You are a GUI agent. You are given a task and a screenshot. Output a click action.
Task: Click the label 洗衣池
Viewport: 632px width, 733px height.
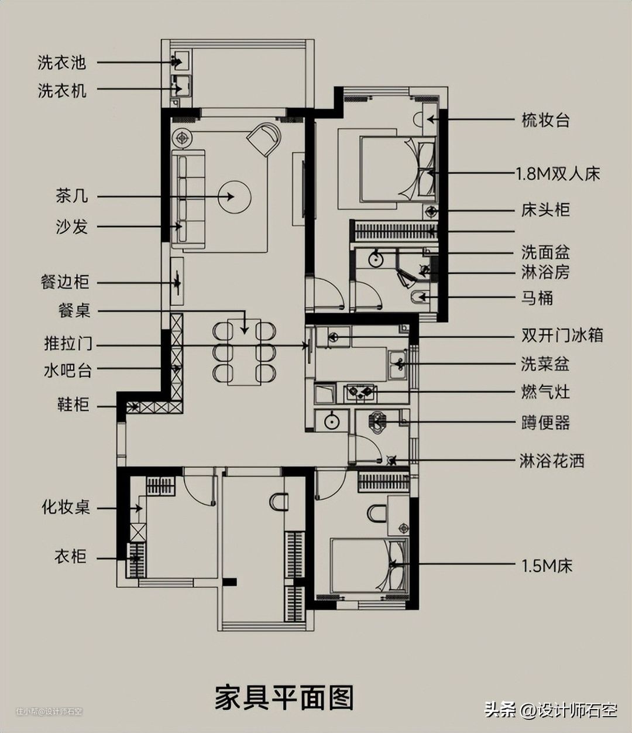[61, 62]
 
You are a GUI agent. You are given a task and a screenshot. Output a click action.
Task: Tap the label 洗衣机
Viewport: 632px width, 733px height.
[61, 90]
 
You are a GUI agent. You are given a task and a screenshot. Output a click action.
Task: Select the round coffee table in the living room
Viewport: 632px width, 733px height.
[234, 197]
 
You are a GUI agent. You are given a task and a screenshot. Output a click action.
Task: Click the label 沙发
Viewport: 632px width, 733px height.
[71, 227]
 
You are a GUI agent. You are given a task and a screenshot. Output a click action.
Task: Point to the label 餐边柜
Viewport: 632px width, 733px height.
[65, 282]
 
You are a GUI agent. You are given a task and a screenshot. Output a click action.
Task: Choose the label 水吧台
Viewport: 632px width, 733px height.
[67, 370]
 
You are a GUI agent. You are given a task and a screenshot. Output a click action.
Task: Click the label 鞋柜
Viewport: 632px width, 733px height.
[73, 405]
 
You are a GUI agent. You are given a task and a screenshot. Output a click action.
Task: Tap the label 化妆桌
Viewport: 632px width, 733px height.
[66, 506]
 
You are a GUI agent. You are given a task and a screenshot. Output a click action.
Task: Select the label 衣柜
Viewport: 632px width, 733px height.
[70, 556]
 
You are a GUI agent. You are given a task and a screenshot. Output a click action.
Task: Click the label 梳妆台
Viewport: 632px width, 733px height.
[545, 121]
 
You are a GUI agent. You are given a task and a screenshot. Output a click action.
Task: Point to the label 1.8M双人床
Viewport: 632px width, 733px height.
[558, 174]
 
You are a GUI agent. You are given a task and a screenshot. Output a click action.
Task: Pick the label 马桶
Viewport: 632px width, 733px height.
[537, 298]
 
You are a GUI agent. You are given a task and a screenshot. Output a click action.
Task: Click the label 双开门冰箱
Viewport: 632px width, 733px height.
[562, 335]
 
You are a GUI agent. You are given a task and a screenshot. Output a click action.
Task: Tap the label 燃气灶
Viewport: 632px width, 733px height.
[545, 392]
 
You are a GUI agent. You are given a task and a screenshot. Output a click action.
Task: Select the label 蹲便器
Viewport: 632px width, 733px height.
[545, 423]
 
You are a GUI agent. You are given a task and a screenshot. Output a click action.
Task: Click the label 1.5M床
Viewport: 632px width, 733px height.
[547, 566]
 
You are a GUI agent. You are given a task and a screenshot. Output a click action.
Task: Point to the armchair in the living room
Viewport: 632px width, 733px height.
[264, 139]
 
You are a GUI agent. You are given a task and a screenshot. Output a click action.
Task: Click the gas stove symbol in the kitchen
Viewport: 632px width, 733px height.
[359, 392]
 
